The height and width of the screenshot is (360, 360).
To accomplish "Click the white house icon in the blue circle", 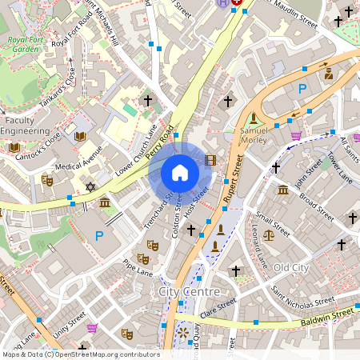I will (179, 173).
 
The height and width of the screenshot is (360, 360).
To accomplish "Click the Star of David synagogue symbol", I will (90, 187).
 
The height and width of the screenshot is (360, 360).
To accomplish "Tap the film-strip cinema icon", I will (210, 161).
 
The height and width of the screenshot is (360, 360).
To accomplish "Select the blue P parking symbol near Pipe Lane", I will (99, 236).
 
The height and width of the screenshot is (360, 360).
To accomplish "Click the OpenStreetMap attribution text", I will (80, 354).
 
